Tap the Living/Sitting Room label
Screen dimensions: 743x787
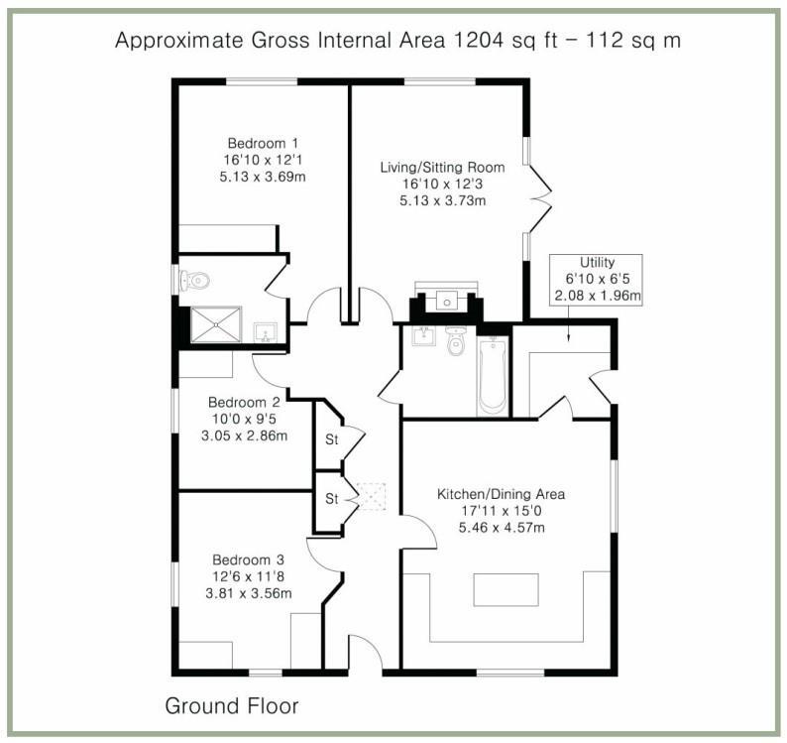pyautogui.click(x=442, y=168)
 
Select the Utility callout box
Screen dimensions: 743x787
pyautogui.click(x=596, y=279)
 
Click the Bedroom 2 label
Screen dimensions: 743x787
pyautogui.click(x=244, y=403)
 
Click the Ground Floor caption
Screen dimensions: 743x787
pyautogui.click(x=231, y=706)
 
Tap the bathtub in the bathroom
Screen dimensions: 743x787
pyautogui.click(x=493, y=376)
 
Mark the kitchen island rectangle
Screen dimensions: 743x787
pyautogui.click(x=506, y=589)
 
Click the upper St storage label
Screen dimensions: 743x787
pyautogui.click(x=332, y=437)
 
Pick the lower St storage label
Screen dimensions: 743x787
pyautogui.click(x=332, y=498)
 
